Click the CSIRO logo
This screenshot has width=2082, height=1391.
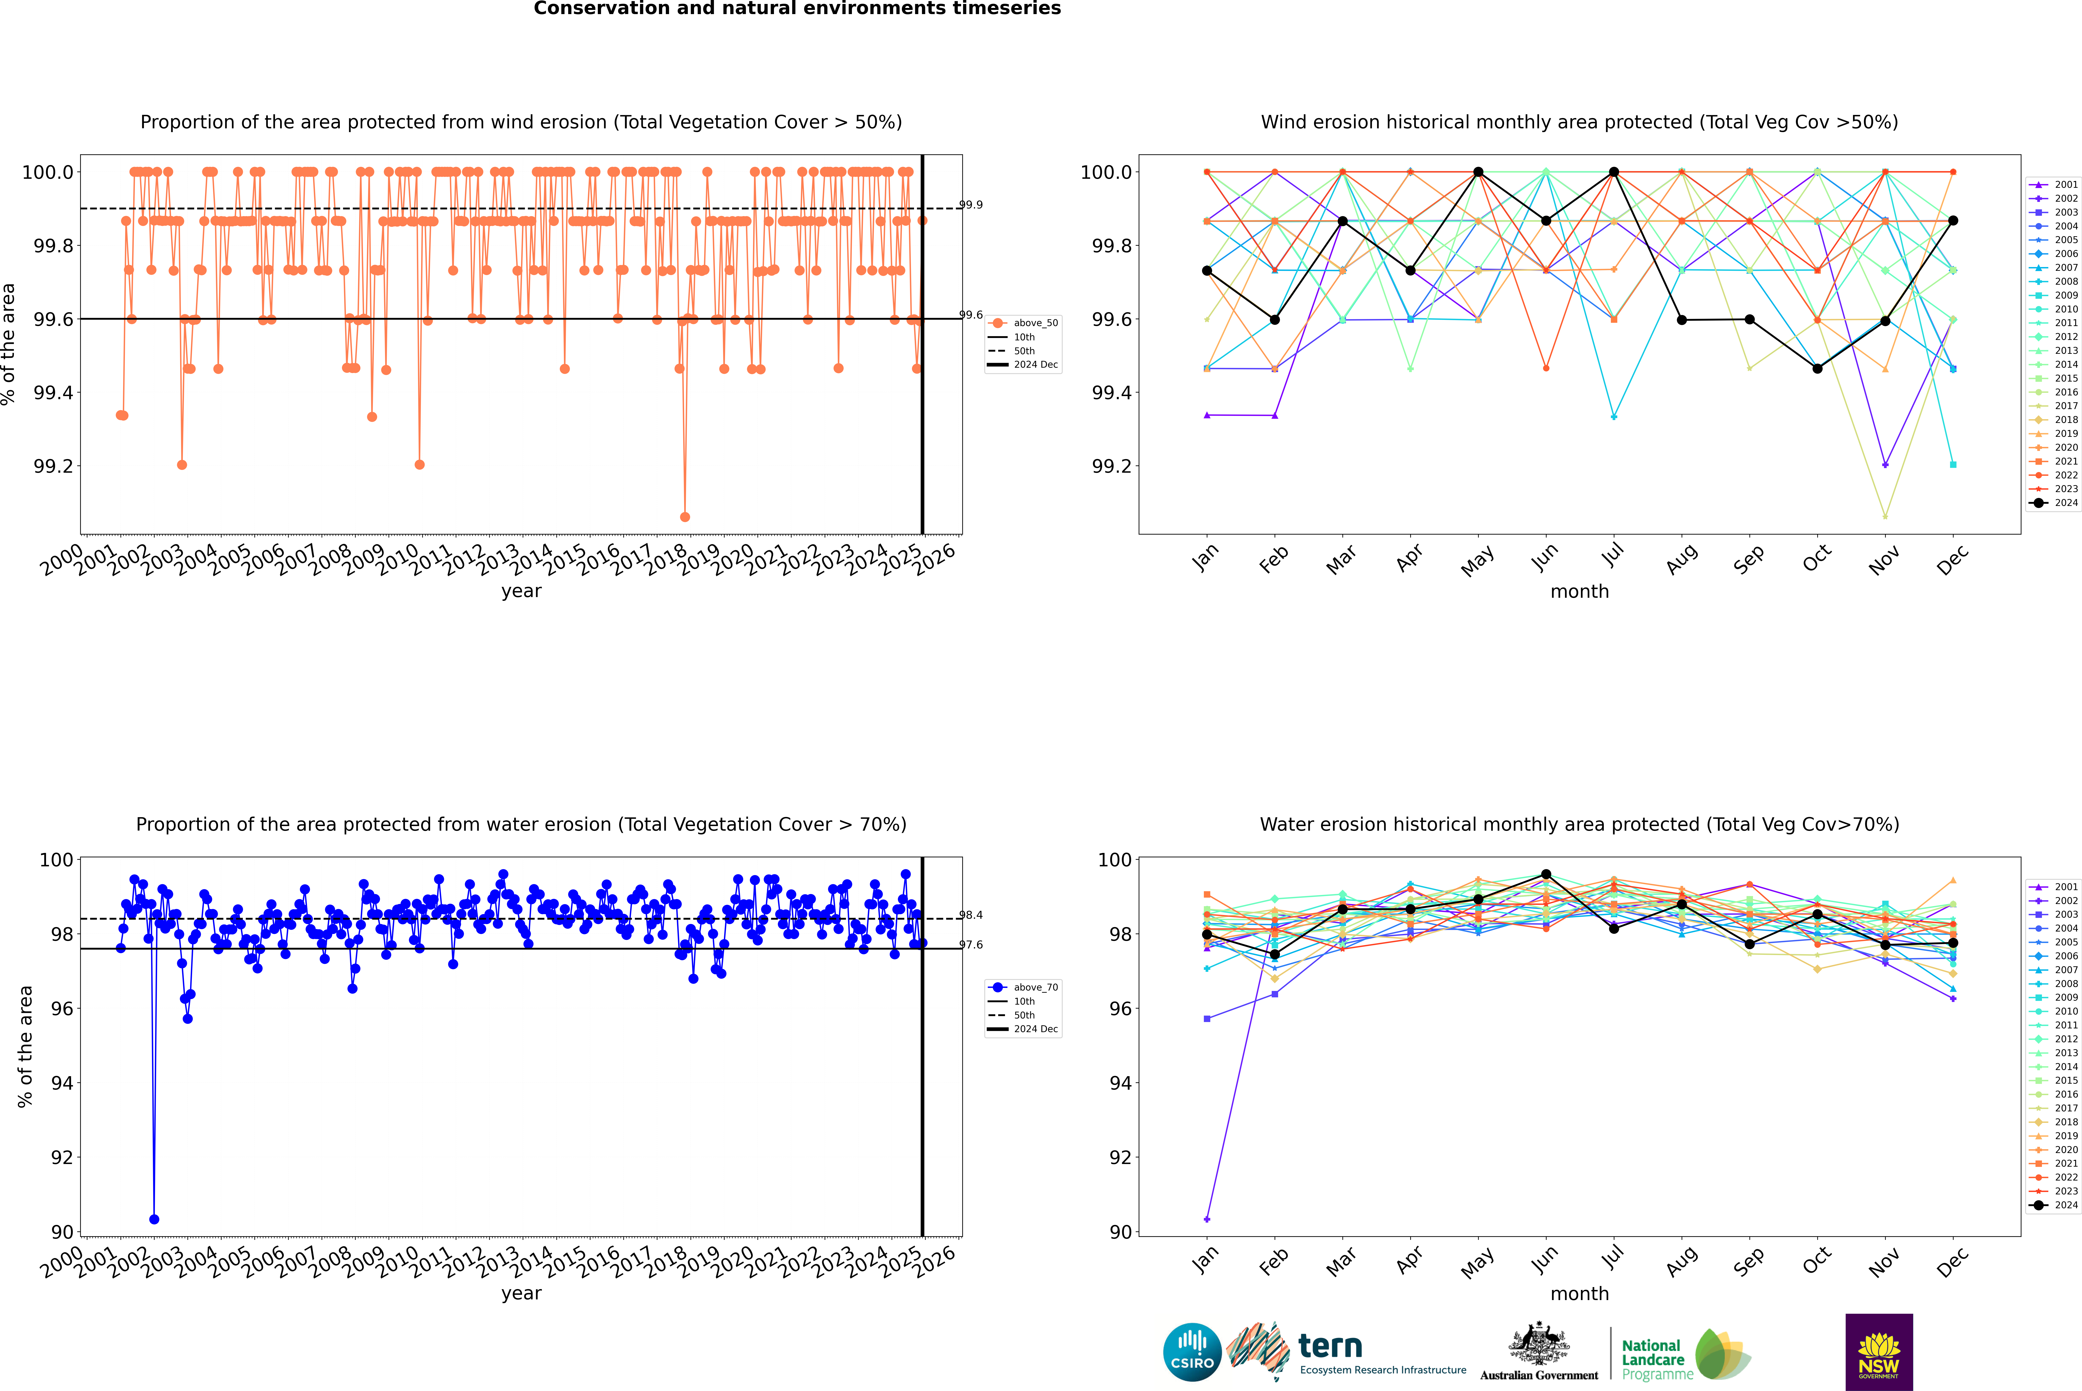tap(1192, 1352)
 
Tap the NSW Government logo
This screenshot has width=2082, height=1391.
tap(1879, 1352)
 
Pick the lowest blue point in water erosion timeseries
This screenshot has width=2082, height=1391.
tap(154, 1219)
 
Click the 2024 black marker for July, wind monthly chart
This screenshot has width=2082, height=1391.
tap(1613, 172)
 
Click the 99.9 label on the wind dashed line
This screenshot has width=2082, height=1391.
tap(971, 205)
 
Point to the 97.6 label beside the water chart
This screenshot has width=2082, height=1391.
tap(971, 945)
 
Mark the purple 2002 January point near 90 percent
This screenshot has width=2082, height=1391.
tap(1207, 1219)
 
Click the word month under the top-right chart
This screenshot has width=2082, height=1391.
tap(1579, 592)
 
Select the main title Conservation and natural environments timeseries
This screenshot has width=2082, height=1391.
tap(797, 9)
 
